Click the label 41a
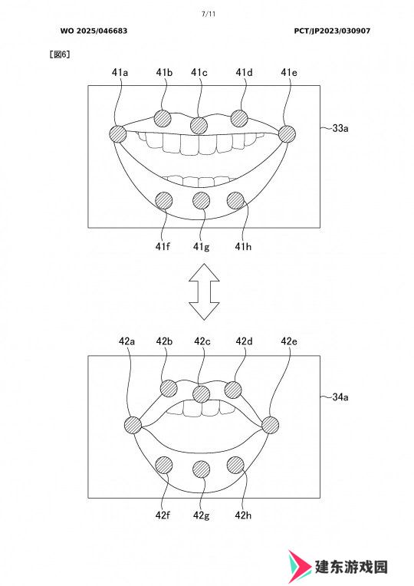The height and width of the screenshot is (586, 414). (120, 72)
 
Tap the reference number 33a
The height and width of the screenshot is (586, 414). (340, 128)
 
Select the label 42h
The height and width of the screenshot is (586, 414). (243, 515)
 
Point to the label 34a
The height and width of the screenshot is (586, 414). (340, 397)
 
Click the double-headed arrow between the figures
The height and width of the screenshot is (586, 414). (204, 291)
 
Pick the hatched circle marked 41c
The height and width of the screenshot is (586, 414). (199, 125)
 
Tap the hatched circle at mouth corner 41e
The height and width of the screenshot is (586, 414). (287, 133)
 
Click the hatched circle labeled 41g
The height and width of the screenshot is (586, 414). (202, 201)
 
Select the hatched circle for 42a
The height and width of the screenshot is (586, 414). (133, 425)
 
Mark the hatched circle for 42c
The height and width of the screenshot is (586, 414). (202, 393)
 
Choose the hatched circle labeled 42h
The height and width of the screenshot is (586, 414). (236, 466)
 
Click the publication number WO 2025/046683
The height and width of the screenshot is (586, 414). (94, 31)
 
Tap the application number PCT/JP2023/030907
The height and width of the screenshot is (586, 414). (332, 31)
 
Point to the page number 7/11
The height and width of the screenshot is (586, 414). (209, 15)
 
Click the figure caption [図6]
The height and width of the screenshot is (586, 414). (60, 54)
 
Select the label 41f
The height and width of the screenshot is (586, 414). (163, 247)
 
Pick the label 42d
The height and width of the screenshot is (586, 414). (244, 341)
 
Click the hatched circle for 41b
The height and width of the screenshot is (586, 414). (163, 118)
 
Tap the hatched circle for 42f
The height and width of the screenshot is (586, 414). (163, 466)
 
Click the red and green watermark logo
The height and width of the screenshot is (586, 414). (299, 567)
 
